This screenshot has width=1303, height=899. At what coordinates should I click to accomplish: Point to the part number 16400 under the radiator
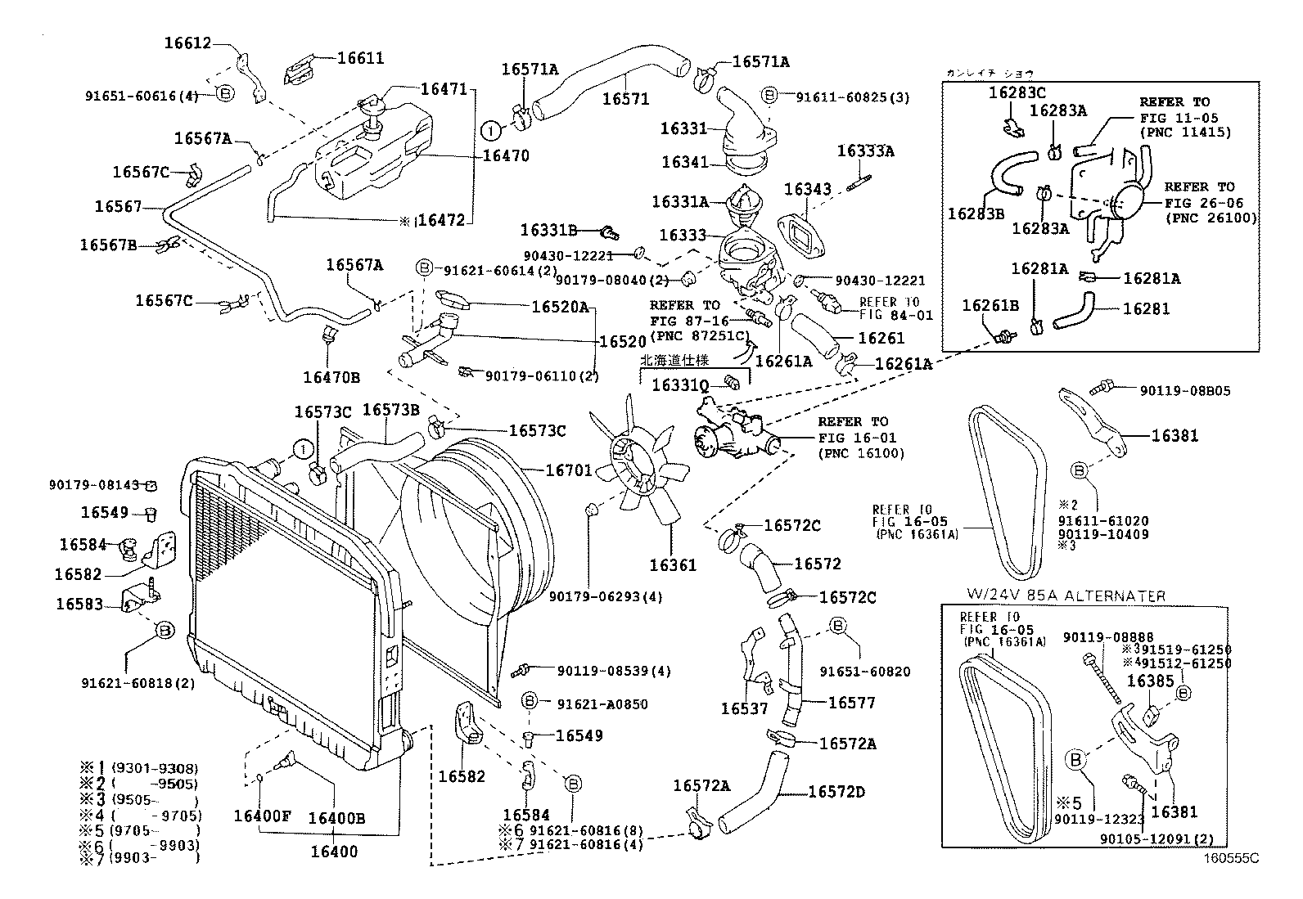click(x=334, y=852)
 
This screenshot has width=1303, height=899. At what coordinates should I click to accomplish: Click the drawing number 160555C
click(x=1229, y=859)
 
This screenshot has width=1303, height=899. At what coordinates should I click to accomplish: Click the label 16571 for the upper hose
click(x=625, y=99)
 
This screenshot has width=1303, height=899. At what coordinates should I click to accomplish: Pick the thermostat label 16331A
click(x=680, y=201)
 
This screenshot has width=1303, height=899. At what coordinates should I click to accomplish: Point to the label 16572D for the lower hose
click(x=836, y=792)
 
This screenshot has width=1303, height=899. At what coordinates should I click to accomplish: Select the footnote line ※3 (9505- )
click(x=139, y=799)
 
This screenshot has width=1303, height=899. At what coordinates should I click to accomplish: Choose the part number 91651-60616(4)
click(x=142, y=96)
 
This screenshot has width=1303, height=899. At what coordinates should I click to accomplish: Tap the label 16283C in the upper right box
click(x=1017, y=93)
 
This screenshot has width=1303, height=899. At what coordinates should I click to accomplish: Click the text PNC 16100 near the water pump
click(x=860, y=452)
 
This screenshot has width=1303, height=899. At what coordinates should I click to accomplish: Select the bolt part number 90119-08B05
click(x=1184, y=391)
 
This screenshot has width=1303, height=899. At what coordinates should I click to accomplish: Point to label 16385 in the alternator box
click(x=1150, y=681)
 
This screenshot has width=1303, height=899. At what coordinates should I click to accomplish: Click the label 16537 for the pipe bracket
click(x=744, y=708)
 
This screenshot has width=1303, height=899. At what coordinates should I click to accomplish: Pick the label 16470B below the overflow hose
click(x=331, y=377)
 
